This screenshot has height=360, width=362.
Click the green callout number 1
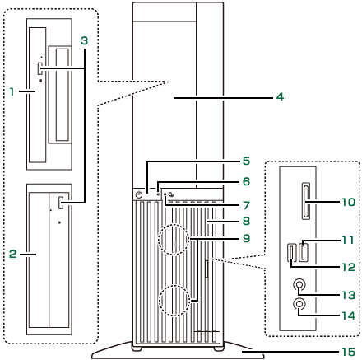point(12,91)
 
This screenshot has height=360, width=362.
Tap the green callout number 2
point(12,254)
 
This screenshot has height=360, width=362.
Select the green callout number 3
point(84,40)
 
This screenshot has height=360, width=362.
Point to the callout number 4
point(280,96)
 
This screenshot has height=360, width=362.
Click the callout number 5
point(246,161)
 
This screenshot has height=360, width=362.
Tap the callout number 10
point(348,203)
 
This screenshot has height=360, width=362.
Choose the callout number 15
point(348,352)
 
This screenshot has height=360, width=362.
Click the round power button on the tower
point(140,195)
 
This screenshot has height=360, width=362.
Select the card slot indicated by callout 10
point(306,201)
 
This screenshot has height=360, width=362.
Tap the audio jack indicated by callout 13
point(299,285)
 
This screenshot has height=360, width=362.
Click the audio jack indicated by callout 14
point(299,304)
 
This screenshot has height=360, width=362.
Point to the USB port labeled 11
point(303,250)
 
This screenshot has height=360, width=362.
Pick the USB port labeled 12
point(291,252)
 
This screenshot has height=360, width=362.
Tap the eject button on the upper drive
point(40,68)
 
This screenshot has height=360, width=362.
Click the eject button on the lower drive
point(61,203)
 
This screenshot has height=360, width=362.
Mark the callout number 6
point(246,181)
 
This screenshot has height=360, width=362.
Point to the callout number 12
point(348,267)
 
